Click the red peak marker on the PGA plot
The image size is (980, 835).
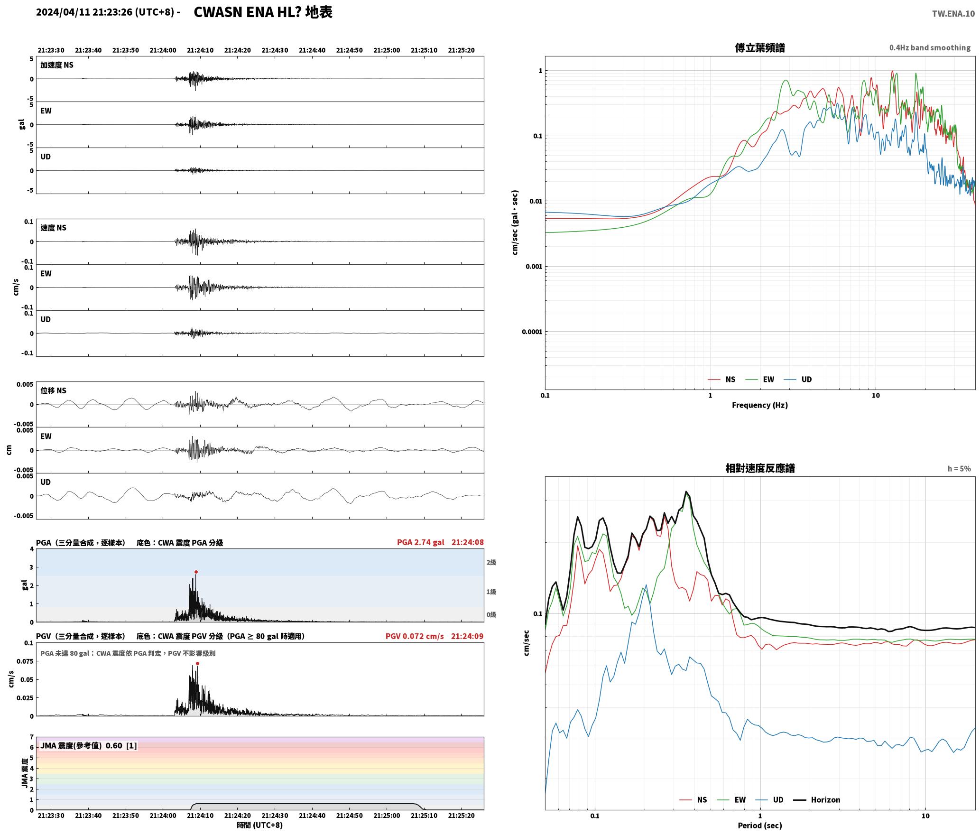(x=196, y=572)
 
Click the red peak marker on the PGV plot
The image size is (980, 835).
(x=197, y=664)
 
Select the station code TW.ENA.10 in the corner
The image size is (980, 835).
(x=953, y=14)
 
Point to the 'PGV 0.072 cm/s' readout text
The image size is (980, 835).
(x=415, y=636)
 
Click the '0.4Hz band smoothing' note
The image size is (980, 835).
(x=930, y=48)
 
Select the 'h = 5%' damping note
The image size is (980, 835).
(x=959, y=469)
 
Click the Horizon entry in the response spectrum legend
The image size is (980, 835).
(x=825, y=800)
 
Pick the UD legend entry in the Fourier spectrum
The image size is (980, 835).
(x=806, y=380)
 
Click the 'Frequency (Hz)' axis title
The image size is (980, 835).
(x=760, y=405)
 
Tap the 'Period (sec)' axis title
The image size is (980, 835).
(x=760, y=826)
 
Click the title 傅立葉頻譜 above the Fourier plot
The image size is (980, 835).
(x=760, y=48)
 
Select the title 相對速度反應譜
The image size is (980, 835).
(x=760, y=468)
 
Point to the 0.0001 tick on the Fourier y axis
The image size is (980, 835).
(x=532, y=332)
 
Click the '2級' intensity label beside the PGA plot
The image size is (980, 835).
(x=491, y=563)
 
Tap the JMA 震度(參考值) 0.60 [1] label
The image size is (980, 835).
(x=89, y=746)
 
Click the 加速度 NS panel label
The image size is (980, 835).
(x=57, y=65)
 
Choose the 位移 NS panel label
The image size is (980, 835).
(x=53, y=391)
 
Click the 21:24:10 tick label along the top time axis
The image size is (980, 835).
(x=200, y=50)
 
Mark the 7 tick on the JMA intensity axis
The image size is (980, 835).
(x=32, y=737)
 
